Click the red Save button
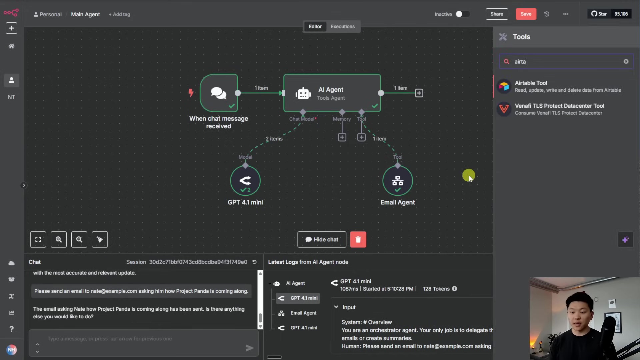(526, 14)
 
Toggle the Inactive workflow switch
(462, 14)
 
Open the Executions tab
(342, 26)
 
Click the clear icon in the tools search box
(626, 61)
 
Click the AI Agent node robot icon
(303, 93)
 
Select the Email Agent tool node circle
(397, 181)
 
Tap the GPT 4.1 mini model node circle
(245, 181)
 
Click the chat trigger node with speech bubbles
(219, 93)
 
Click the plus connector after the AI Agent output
(419, 93)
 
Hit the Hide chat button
(322, 239)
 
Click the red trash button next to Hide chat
(358, 239)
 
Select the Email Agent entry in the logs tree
(303, 313)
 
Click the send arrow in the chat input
(249, 348)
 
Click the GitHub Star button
(599, 14)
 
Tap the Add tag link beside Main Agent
(119, 14)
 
